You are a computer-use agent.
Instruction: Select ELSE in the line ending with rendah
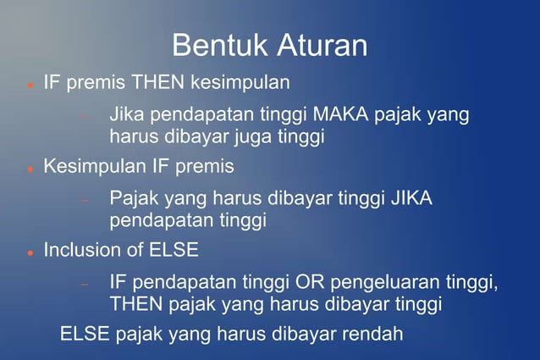85,334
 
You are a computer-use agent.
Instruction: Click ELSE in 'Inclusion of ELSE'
174,251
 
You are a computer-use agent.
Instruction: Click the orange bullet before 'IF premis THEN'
30,86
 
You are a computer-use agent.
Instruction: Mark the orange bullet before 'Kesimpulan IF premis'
30,169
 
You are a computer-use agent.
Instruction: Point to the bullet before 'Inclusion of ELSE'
30,252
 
